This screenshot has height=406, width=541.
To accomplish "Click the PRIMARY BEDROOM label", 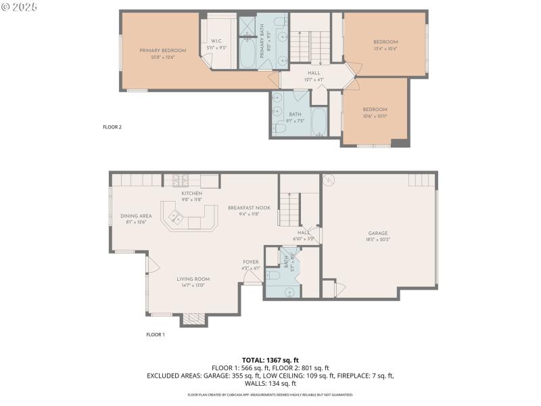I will coord(162,50).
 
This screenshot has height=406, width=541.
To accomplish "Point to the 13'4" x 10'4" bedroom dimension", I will coord(385,48).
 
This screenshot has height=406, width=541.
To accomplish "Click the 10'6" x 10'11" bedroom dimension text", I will coord(374,116).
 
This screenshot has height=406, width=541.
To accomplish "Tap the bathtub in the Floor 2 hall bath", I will coord(318,122).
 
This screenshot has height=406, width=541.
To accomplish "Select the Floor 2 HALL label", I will coord(314,73).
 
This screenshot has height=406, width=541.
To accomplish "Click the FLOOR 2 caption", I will coord(112,127).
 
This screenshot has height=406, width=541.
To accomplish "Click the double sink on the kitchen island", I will coord(177,217).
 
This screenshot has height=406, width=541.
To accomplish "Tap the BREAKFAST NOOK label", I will coord(245,207).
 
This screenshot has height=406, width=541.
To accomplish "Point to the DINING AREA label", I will coord(136,216).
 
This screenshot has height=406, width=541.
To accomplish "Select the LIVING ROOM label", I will coord(193,279).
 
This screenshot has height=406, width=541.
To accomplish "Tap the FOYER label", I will coord(252,261).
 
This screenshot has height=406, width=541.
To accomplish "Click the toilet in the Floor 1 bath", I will coord(274,275).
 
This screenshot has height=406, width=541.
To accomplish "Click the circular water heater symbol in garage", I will coord(329,180).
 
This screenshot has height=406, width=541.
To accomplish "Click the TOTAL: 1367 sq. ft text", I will coord(270,359).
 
